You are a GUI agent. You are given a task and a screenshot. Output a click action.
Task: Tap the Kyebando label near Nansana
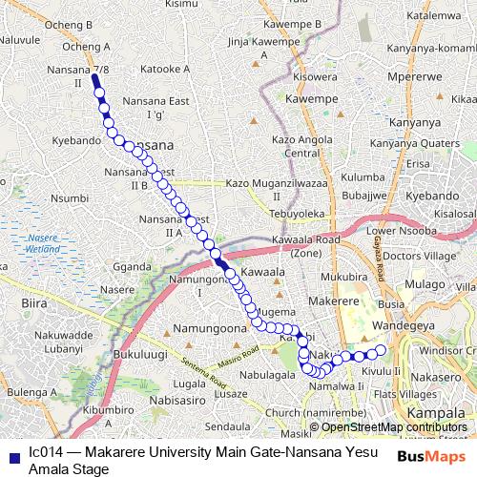point(76,140)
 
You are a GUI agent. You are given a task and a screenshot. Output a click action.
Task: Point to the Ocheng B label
point(73,24)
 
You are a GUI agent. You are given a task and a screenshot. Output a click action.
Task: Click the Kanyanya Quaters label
point(414,143)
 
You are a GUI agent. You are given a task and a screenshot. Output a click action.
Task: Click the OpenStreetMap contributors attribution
point(393,427)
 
